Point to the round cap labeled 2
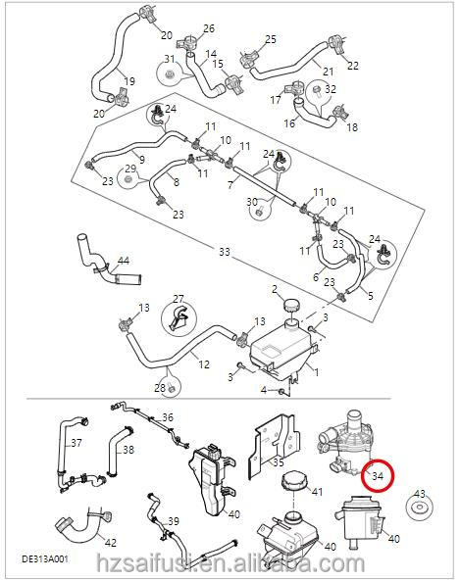pyautogui.click(x=291, y=309)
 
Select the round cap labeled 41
pyautogui.click(x=293, y=485)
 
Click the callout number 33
pyautogui.click(x=225, y=252)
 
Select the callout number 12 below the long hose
pyautogui.click(x=204, y=364)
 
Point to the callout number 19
pyautogui.click(x=128, y=79)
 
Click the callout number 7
pyautogui.click(x=230, y=183)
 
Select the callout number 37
pyautogui.click(x=75, y=442)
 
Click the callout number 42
pyautogui.click(x=110, y=542)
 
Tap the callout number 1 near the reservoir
pyautogui.click(x=316, y=372)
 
